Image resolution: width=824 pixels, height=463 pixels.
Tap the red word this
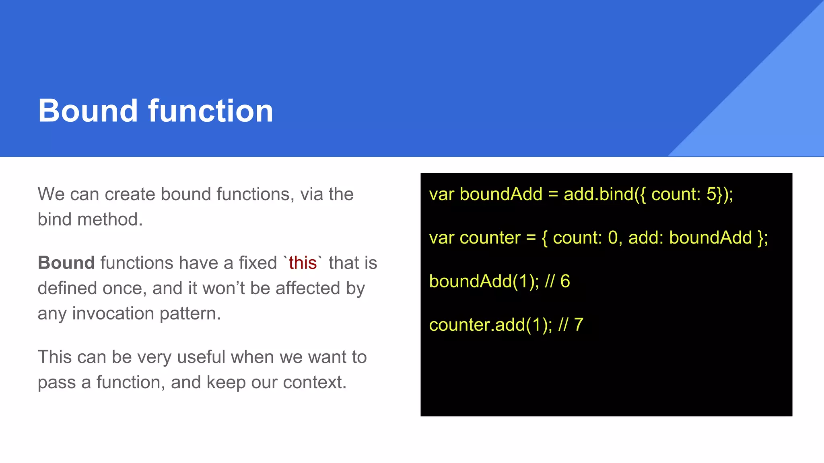[x=303, y=263]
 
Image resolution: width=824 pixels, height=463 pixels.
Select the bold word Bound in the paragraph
[x=66, y=263]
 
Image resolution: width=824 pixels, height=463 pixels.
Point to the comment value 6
[x=565, y=281]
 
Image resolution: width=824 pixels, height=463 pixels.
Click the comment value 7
[x=579, y=325]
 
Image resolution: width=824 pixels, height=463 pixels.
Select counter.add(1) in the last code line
[x=490, y=325]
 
